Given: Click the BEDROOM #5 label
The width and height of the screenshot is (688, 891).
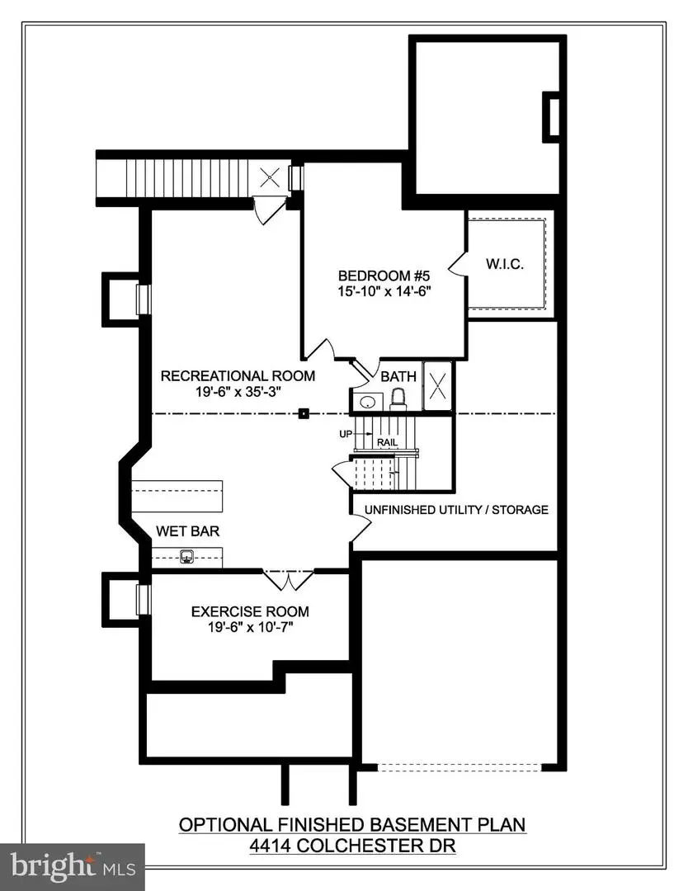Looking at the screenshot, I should [385, 276].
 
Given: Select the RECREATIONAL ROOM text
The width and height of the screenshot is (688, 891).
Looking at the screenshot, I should [238, 376].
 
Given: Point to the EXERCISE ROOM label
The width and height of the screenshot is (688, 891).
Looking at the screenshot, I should [250, 611].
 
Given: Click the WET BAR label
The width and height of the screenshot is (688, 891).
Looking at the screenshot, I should [187, 532].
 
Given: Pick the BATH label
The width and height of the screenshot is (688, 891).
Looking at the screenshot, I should [398, 376].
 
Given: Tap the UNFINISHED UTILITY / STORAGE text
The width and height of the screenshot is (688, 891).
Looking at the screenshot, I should [450, 510].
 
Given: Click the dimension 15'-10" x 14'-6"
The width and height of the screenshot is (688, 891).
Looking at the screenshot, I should [385, 291].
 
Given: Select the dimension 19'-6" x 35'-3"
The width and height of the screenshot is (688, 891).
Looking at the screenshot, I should [238, 392].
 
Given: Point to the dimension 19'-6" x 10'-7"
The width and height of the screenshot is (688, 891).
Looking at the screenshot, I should [250, 627].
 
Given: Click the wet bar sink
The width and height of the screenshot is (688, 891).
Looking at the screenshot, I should [187, 557].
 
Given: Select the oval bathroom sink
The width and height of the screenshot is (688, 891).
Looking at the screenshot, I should [367, 402].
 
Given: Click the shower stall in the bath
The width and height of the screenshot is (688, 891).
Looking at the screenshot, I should [439, 386].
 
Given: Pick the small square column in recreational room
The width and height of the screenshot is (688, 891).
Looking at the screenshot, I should [304, 413].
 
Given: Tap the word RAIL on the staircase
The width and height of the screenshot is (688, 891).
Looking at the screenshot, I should [388, 443].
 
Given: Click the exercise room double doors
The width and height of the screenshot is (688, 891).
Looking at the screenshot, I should [288, 579].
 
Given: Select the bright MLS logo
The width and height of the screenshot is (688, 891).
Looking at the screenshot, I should [73, 865].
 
